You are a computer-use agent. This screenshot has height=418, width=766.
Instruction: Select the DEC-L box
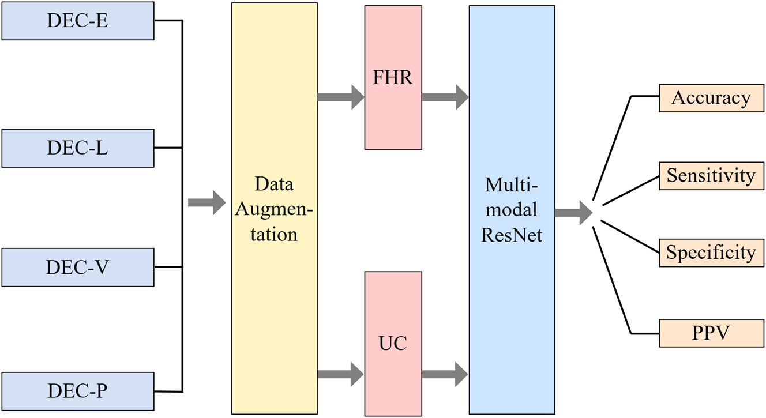tap(78, 148)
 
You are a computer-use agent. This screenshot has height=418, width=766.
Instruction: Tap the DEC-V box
tap(78, 268)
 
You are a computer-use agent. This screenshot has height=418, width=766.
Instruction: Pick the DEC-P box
tap(78, 391)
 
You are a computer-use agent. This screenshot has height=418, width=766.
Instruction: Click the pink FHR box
tap(393, 78)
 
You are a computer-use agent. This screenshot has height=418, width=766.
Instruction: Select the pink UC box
tap(393, 343)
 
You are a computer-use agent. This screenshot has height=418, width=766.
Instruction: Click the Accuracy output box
tap(711, 98)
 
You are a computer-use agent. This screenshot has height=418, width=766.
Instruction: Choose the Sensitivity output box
tap(711, 175)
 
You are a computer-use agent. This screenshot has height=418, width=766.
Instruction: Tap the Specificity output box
tap(711, 252)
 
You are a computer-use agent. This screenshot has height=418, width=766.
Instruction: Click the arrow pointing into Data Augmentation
tap(206, 202)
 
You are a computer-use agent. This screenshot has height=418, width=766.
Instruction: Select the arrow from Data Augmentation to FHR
tap(340, 97)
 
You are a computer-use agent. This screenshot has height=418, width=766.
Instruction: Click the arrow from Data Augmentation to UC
tap(340, 374)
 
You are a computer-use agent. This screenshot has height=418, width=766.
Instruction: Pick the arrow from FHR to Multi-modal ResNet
tap(445, 97)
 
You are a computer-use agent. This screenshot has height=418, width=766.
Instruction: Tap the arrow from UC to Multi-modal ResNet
tap(445, 374)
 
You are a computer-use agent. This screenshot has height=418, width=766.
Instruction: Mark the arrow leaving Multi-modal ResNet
tap(573, 213)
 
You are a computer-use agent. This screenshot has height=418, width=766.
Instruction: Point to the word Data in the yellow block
tap(274, 184)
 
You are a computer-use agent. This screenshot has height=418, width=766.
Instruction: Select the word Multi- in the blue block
tap(512, 184)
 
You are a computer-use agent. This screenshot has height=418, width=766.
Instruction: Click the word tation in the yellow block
tap(274, 235)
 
